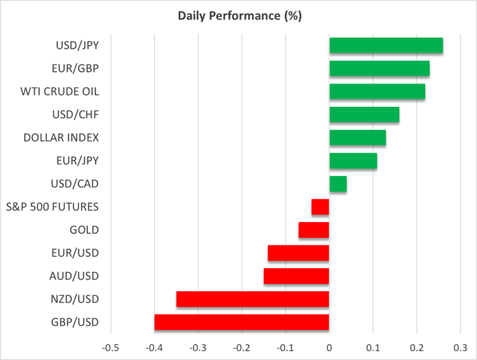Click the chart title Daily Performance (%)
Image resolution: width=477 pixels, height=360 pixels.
coord(238,16)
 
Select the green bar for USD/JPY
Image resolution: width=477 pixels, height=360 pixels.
coord(386,46)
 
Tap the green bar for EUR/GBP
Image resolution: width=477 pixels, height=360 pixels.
coord(380,68)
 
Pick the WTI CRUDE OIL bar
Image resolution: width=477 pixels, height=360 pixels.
coord(377,92)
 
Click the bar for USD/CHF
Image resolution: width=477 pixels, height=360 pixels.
coord(364,115)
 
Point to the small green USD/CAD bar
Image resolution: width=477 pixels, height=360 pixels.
coord(338,184)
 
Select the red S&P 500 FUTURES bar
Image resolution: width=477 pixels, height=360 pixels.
coord(320,207)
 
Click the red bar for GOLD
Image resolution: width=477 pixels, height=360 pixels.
coord(314,230)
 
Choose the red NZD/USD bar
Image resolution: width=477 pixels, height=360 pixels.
coord(252,299)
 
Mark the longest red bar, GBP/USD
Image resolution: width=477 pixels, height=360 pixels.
coord(242,322)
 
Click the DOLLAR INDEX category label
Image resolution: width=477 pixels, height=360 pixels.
coord(61,137)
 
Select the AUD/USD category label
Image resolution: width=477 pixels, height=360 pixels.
coord(74,276)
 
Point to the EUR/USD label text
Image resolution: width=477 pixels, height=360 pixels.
coord(75,253)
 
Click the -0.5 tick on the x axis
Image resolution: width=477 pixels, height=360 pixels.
coord(111,348)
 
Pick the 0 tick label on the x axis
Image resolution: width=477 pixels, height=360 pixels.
coord(329,348)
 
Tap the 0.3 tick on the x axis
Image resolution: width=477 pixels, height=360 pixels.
coord(460,348)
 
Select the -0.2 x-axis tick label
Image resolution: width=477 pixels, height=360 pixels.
coord(242,348)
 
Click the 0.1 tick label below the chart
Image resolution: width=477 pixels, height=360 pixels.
coord(373,348)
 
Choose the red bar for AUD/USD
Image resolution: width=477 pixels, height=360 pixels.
coord(296,276)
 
